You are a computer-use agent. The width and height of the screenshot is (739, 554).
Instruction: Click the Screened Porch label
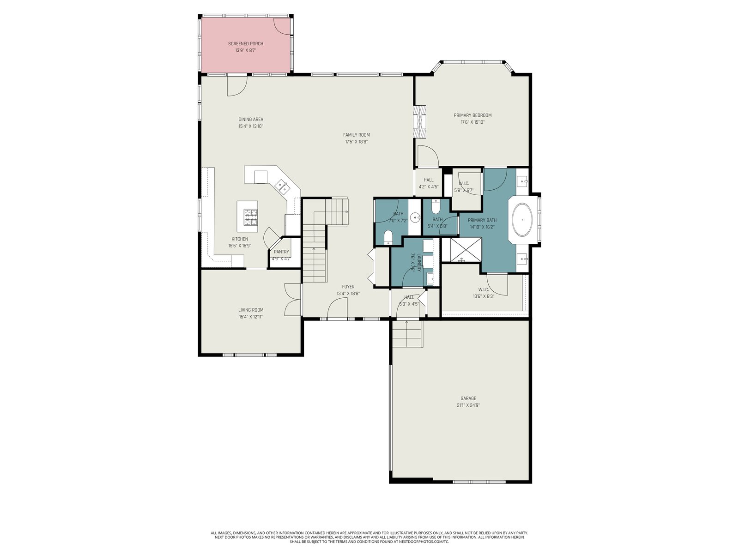[245, 43]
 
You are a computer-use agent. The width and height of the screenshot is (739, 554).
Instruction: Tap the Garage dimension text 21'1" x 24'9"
[468, 405]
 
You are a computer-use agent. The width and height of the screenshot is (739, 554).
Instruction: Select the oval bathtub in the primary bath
[522, 220]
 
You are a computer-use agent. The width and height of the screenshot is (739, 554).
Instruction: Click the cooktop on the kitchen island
[250, 217]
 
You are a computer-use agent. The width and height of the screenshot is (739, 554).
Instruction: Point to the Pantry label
[281, 252]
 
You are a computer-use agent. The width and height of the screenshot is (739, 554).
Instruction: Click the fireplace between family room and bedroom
[420, 121]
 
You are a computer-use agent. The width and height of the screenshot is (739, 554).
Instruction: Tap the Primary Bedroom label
[472, 115]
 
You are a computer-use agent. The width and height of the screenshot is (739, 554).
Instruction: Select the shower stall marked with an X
[461, 249]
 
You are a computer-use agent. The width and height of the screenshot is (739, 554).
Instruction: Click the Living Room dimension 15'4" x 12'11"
[250, 317]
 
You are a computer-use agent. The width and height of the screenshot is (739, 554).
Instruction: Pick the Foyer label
[348, 287]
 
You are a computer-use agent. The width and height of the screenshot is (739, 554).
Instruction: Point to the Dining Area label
[250, 119]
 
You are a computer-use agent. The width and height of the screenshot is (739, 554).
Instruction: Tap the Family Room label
[356, 134]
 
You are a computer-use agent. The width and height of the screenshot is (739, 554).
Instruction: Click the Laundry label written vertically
[419, 262]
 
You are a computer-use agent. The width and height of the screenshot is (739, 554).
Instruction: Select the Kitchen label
[239, 239]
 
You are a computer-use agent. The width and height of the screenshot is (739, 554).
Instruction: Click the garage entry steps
[407, 334]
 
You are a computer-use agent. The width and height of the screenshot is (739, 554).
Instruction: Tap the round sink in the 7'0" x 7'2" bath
[416, 217]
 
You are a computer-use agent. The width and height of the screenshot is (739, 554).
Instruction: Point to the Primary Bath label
[482, 220]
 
